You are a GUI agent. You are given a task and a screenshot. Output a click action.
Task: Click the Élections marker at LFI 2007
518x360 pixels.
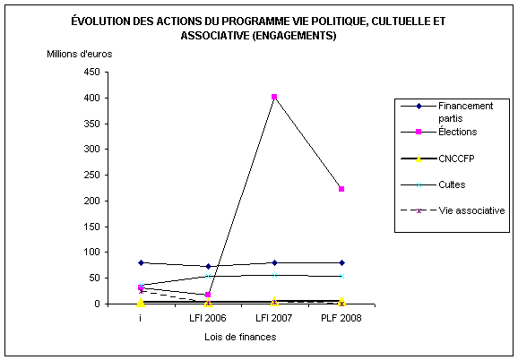coord(274,97)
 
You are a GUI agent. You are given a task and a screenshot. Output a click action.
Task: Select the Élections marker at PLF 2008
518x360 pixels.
coord(341,189)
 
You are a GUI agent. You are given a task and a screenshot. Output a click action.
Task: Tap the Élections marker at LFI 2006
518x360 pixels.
coord(208,295)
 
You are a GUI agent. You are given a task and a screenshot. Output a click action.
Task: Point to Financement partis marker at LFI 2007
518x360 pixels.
coord(274,262)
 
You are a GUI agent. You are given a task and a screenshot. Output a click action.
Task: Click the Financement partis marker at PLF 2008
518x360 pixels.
coord(341,262)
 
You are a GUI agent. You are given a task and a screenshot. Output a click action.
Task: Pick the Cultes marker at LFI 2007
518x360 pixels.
coord(274,275)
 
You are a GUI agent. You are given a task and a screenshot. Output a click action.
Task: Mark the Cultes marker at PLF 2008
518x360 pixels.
coord(341,276)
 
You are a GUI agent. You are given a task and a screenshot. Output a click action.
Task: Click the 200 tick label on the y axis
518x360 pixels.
coord(92,201)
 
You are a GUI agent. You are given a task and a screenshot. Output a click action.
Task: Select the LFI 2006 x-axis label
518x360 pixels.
coord(207,318)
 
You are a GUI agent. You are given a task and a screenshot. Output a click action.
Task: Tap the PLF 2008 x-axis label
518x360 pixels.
coord(341,318)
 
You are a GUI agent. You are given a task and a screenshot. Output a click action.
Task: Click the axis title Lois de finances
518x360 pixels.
coord(240,337)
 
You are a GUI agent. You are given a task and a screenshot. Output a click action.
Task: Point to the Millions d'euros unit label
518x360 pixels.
coord(79,54)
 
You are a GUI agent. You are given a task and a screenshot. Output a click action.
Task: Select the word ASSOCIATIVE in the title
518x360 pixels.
coord(215,35)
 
